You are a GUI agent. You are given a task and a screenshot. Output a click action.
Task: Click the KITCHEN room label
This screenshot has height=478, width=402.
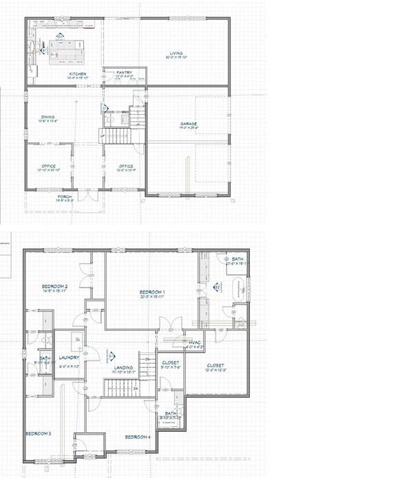(x=77, y=74)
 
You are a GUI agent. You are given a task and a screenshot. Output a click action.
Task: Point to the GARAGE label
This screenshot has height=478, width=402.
(x=189, y=124)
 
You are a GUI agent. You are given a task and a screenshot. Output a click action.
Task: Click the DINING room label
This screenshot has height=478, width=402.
(x=47, y=117)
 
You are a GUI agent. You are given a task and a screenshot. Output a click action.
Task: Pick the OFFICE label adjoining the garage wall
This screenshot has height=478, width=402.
(x=125, y=166)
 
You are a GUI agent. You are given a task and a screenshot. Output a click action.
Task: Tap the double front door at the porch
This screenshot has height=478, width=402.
(x=87, y=195)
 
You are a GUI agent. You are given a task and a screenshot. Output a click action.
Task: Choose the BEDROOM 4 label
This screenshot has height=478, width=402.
(x=138, y=437)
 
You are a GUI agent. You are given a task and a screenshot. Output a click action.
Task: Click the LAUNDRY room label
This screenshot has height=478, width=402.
(x=70, y=358)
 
